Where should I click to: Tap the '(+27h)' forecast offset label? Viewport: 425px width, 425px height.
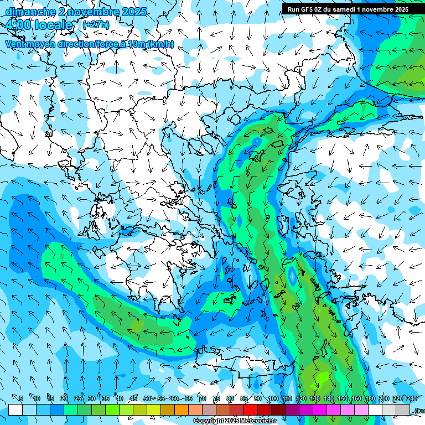[x=96, y=25]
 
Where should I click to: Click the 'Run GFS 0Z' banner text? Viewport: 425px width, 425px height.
[x=305, y=9]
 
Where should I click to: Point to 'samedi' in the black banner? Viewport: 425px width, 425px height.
[x=345, y=9]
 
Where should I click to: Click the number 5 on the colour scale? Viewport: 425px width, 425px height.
[x=20, y=399]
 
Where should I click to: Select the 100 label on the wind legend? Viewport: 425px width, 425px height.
[x=273, y=399]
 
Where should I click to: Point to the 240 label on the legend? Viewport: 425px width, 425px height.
[x=412, y=399]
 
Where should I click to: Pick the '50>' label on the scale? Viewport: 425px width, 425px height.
[x=148, y=399]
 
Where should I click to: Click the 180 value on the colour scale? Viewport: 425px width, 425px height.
[x=370, y=399]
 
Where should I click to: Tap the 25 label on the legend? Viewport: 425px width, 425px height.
[x=77, y=399]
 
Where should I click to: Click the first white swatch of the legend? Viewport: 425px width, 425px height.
[x=15, y=410]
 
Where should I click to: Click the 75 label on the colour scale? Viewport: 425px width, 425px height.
[x=216, y=399]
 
